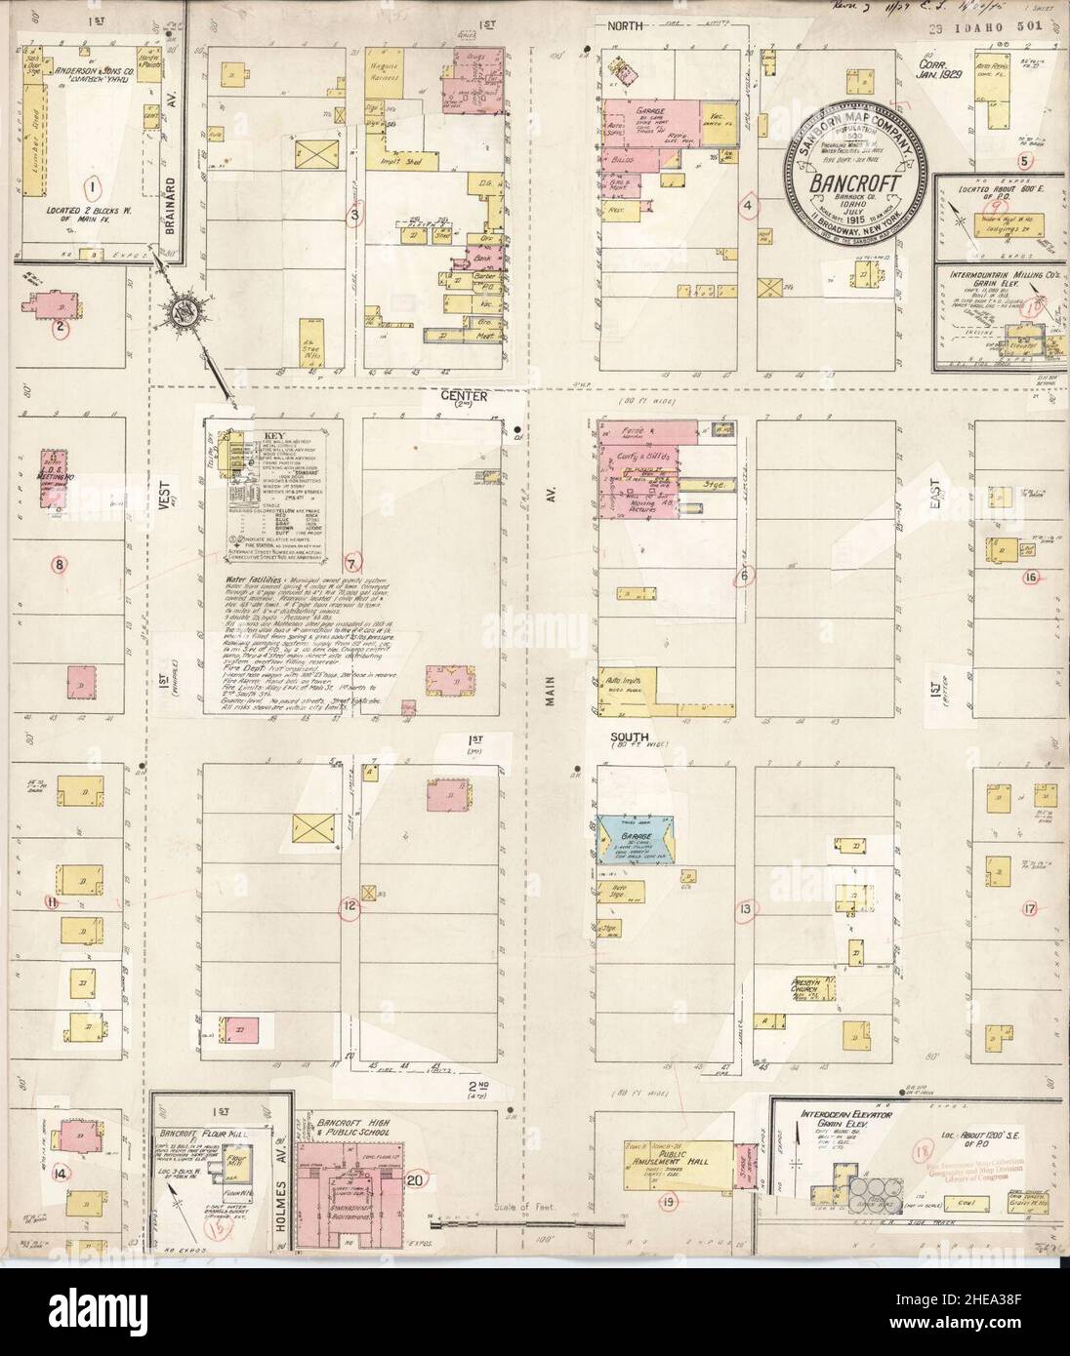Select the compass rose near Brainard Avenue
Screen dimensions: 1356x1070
pos(183,311)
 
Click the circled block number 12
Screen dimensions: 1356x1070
pos(348,907)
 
